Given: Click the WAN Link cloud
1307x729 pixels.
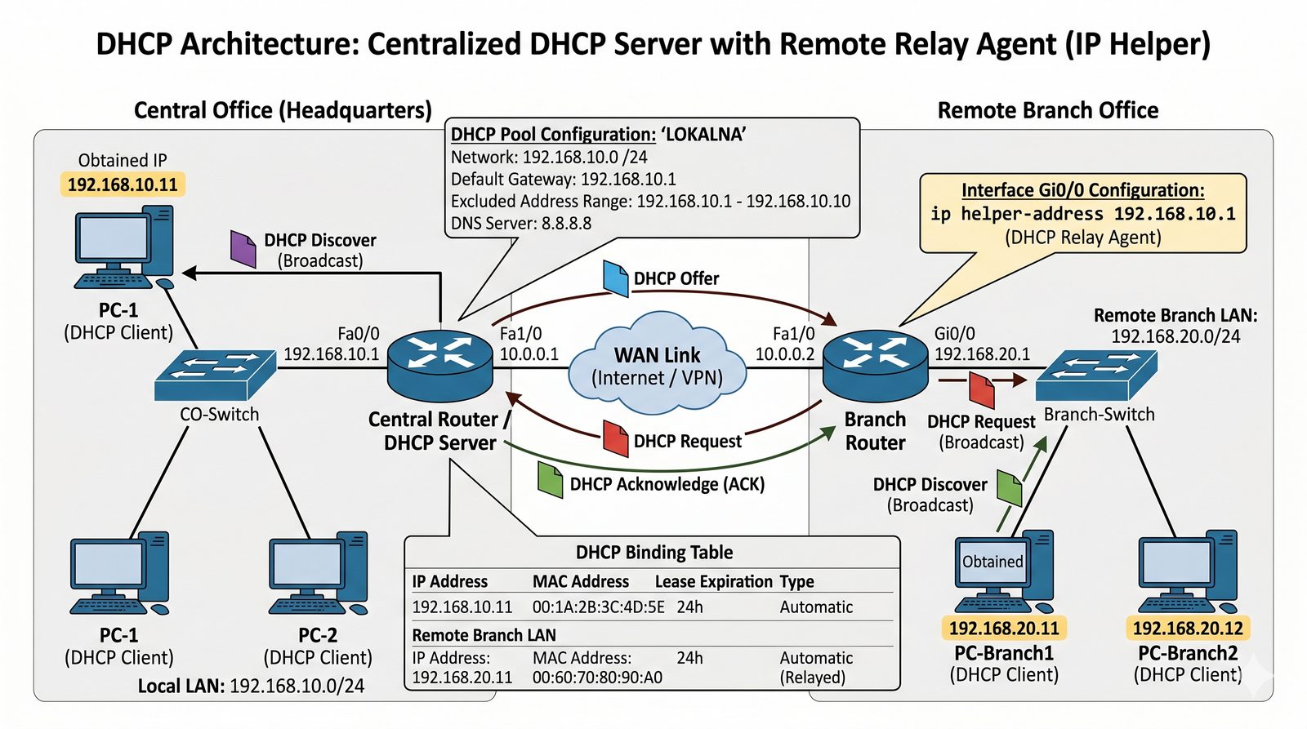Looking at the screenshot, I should coord(658,362).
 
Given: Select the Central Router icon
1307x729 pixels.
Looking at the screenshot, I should coord(440,365).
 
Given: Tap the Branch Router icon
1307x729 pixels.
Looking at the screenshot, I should coord(875,365).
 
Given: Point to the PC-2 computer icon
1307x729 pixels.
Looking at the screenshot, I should coord(318,573).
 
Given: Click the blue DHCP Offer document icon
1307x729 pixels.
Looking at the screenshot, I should coord(615,278).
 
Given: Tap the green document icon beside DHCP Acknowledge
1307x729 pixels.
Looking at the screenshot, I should coord(550,479).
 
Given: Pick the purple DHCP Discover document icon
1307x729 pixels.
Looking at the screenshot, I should coord(243,248).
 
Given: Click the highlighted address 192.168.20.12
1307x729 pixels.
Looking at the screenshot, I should coord(1188,629).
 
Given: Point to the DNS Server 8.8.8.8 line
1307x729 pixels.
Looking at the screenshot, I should coord(521,224).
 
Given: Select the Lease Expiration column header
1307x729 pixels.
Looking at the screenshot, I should coord(713,581).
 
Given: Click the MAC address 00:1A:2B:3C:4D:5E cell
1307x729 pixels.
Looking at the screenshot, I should coord(598,607).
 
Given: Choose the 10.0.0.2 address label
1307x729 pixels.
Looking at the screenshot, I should coord(784,354).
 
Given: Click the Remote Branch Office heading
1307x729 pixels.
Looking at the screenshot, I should coord(1047,110).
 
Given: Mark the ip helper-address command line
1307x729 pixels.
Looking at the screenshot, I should coord(1082,214).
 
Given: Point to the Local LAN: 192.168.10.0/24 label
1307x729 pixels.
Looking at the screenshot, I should coord(251,686).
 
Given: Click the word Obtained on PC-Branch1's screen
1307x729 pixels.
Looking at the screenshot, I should coord(993,562).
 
